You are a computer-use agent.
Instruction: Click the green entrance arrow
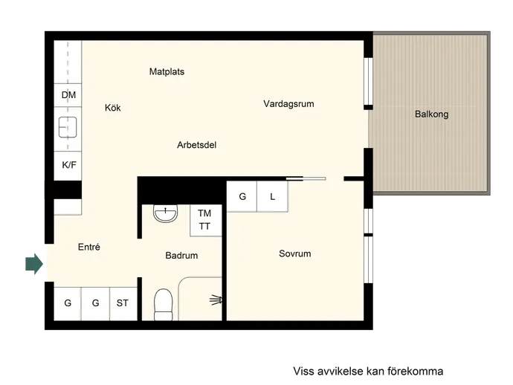coord(34,264)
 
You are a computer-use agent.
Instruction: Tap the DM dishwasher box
coord(68,95)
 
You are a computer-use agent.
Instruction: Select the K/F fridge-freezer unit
coord(68,166)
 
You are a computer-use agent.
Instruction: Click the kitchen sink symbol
coord(68,127)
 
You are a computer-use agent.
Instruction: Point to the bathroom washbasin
coord(166,213)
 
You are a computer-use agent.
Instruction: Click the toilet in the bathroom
coord(164,305)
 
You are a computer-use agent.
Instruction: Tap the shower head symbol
coord(216,300)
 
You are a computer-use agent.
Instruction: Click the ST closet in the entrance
coord(123,304)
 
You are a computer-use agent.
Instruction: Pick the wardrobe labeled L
coord(272,197)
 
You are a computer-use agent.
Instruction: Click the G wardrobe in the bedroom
coord(242,197)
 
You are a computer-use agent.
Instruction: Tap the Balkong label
coord(431,114)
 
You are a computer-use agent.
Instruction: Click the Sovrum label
coord(294,253)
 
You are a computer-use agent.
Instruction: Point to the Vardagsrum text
coord(288,104)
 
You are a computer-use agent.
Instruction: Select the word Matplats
coord(167,71)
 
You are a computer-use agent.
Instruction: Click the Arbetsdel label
coord(196,145)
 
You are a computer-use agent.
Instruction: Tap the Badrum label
coord(181,256)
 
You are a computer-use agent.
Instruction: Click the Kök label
coord(112,108)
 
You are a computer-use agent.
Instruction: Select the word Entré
coord(89,247)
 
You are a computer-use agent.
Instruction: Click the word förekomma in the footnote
coord(416,372)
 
